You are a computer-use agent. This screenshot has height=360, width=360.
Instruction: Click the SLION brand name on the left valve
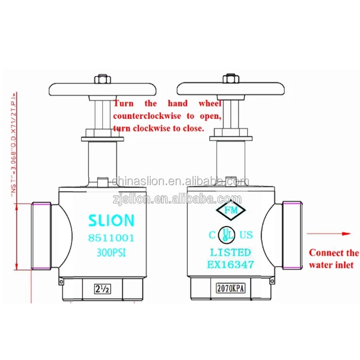click(x=111, y=220)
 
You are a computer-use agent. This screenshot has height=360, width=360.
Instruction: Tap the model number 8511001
click(x=111, y=238)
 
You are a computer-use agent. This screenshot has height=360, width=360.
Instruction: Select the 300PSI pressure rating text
click(x=111, y=251)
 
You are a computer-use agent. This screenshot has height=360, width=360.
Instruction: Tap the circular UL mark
click(x=226, y=234)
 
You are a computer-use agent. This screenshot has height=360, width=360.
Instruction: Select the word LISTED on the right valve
click(x=230, y=252)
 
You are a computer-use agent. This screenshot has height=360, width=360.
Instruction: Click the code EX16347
click(x=230, y=264)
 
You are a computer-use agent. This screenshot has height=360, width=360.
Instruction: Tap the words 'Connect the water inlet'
click(x=334, y=259)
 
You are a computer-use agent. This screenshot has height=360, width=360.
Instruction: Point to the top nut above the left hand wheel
click(x=102, y=78)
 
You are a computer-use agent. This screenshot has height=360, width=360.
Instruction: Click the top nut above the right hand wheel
click(x=230, y=78)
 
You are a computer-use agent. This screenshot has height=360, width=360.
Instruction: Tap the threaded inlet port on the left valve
click(x=40, y=235)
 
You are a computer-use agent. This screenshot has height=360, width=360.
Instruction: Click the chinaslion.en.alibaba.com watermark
click(x=180, y=181)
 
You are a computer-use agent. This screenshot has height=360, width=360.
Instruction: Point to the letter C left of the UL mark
click(x=212, y=235)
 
